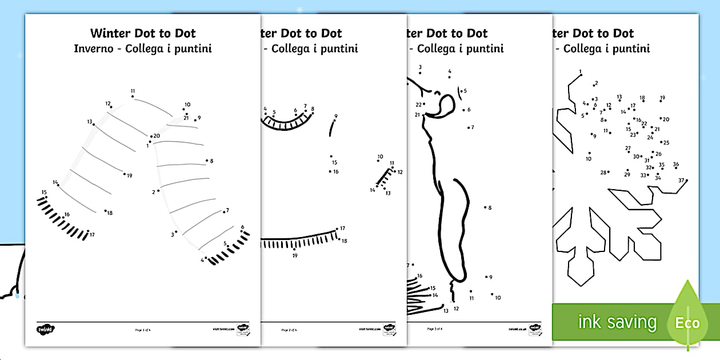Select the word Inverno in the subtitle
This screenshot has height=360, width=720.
point(91,49)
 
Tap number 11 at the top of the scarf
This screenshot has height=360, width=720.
point(133,91)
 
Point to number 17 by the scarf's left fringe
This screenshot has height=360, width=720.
point(91,235)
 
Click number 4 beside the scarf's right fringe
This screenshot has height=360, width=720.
point(202,260)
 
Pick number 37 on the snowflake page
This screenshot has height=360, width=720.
point(681,181)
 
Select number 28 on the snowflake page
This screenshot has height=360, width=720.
point(603,173)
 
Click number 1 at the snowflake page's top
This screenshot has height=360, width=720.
point(581,72)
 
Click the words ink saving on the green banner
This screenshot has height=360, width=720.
point(617,322)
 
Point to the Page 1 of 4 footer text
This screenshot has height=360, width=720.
point(143,330)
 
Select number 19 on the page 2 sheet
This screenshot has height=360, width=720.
point(295,255)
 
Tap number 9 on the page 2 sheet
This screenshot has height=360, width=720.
point(335,116)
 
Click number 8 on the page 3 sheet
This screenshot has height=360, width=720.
point(490,208)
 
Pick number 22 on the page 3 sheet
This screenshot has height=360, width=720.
point(418,105)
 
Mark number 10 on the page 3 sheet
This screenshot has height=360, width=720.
point(498,298)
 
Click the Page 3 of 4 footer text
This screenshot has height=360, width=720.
point(434,329)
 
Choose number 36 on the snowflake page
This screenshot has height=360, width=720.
point(675,165)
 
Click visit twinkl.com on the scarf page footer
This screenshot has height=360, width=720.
point(223,329)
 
